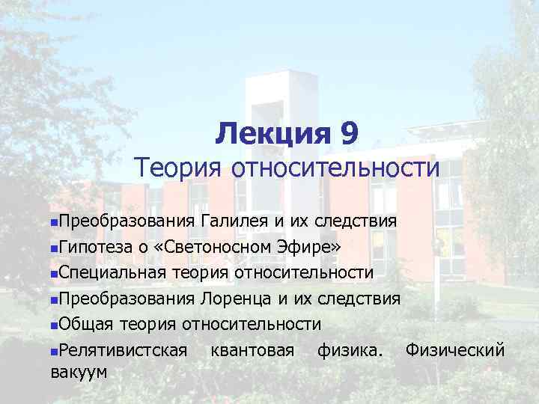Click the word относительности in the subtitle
tap(336, 167)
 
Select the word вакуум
tap(78, 372)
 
